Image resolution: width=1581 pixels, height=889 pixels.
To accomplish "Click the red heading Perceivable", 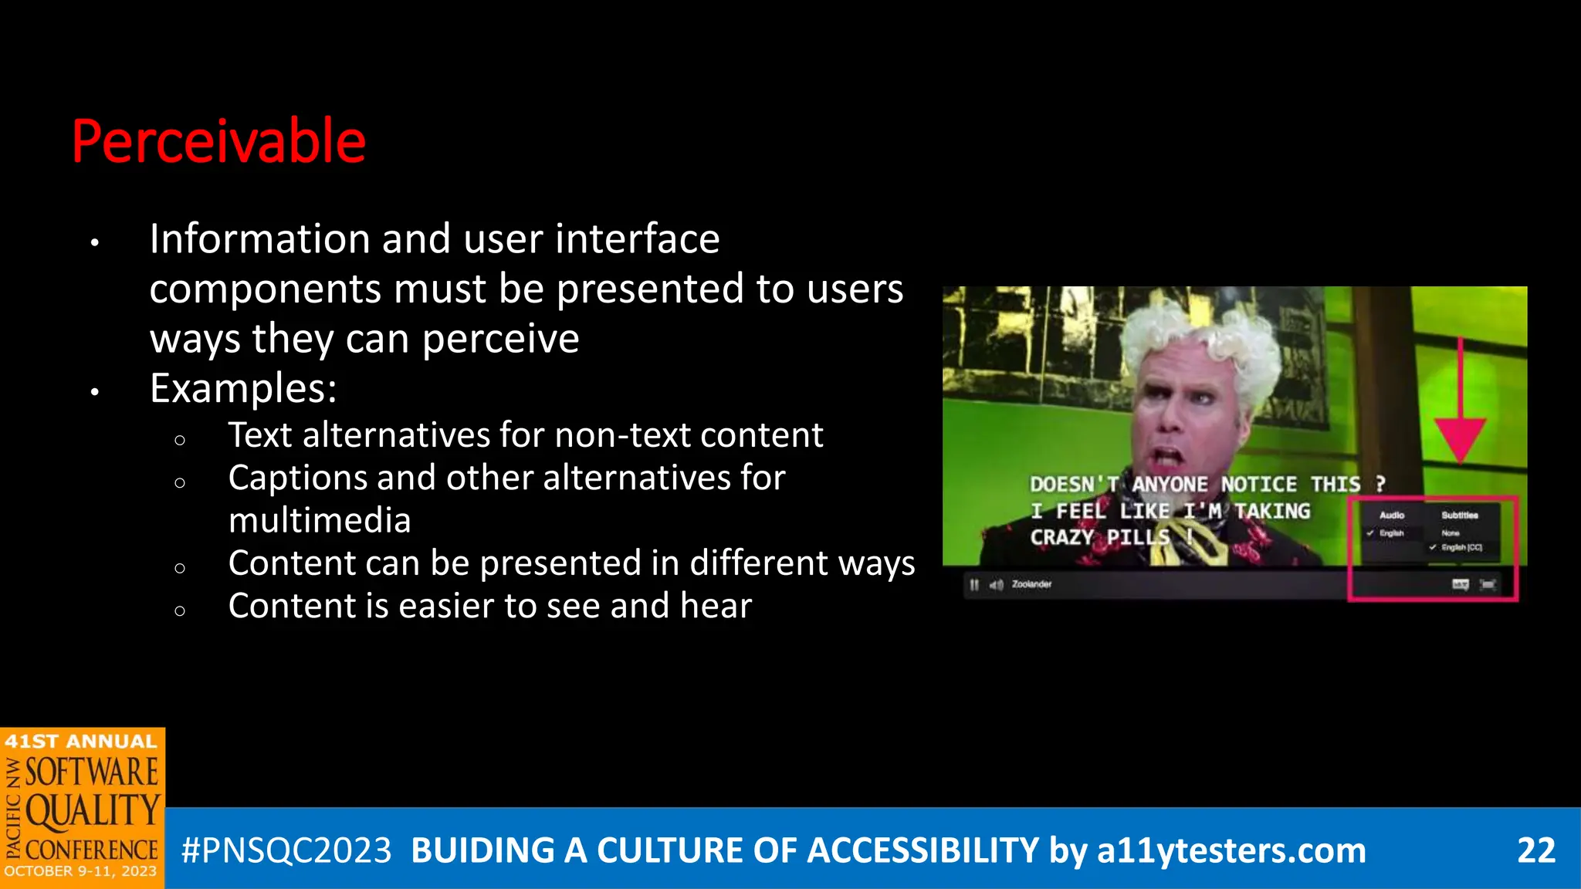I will (218, 141).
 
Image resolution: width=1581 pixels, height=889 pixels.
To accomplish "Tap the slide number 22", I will (1535, 850).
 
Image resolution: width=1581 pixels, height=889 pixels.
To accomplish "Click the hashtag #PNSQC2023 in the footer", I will (286, 850).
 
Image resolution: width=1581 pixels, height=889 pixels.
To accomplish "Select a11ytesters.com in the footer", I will (1231, 850).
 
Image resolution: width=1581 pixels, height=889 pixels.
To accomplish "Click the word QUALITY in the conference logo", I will (93, 812).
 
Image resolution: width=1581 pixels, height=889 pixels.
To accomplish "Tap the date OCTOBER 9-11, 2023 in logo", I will (80, 872).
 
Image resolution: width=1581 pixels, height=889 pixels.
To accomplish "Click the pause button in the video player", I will (974, 585).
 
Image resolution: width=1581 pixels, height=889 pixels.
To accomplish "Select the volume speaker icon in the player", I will (996, 585).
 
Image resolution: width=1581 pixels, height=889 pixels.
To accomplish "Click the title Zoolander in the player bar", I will (1031, 584).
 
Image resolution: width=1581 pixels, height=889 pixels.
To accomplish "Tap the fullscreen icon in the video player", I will (1488, 585).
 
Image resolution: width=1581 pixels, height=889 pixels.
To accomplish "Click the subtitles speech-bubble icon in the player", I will (1460, 585).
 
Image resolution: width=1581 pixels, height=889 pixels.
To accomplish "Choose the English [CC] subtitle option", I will (1461, 548).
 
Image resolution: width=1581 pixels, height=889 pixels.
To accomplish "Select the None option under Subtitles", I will (1451, 533).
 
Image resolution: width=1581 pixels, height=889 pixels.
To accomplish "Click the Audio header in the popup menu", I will (1392, 515).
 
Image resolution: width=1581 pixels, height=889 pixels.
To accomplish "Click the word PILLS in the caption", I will (1138, 537).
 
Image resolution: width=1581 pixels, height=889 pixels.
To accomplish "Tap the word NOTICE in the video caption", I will (1259, 485).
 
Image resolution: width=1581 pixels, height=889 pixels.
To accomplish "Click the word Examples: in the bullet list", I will (243, 387).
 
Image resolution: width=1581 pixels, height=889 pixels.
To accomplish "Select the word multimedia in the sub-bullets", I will (320, 520).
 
